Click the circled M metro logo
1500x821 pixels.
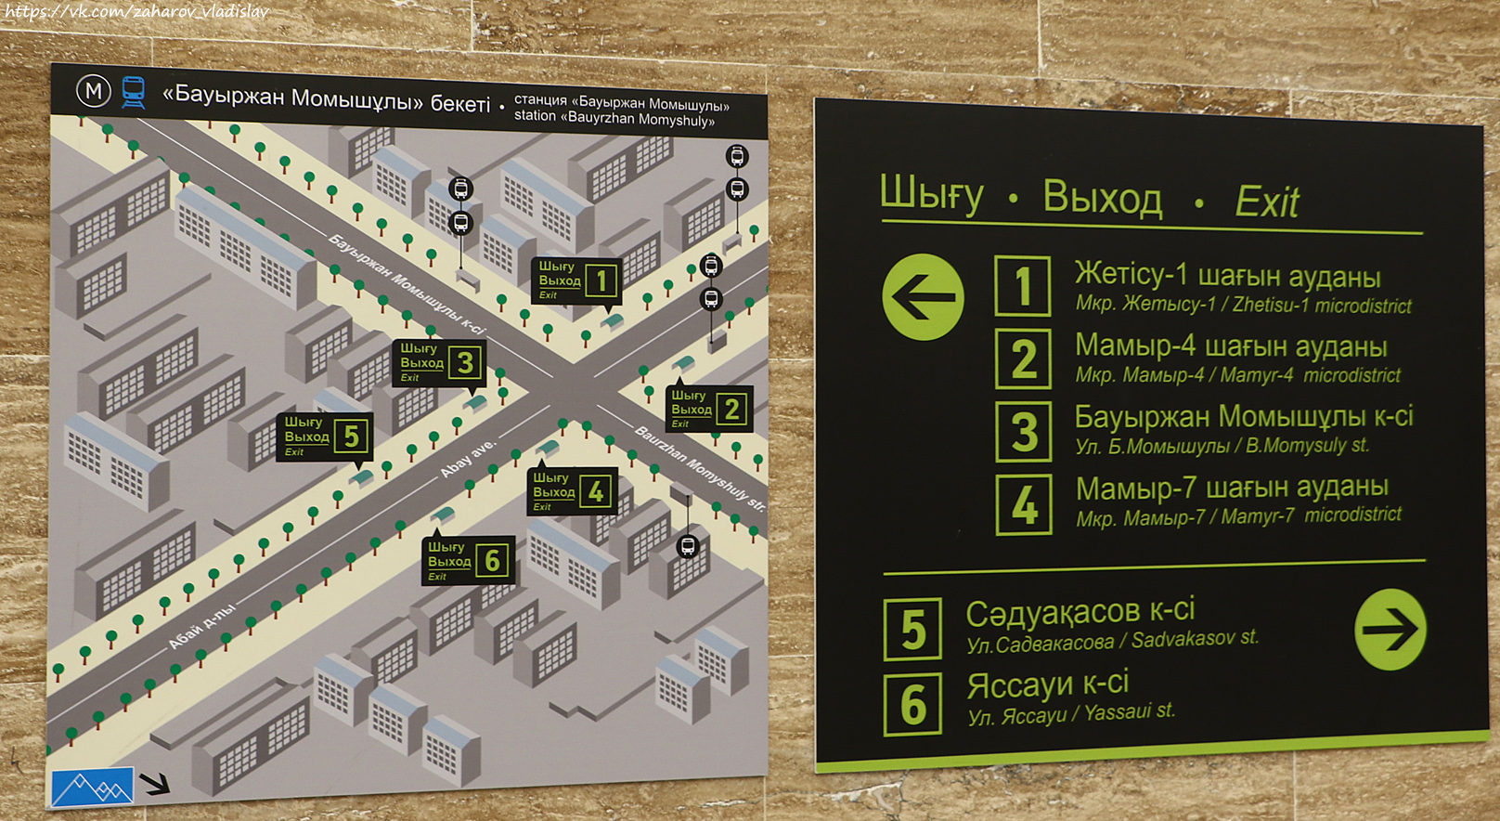(93, 91)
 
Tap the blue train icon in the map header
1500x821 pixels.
(133, 92)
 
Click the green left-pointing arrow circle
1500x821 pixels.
(923, 297)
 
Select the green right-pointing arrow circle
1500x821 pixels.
(1390, 629)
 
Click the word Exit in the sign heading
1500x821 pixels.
(1266, 202)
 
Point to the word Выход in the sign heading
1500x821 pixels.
(1102, 197)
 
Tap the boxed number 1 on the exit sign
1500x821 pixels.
(1022, 286)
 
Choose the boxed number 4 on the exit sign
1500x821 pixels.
(1024, 504)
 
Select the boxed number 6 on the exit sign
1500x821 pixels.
(912, 704)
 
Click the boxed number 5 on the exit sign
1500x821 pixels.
(912, 630)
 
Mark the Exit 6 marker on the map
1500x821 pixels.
(468, 561)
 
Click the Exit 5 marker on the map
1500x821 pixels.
(325, 437)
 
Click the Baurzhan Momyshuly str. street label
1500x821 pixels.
(700, 468)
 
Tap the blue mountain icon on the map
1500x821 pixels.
(93, 788)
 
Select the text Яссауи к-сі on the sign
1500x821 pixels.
(1047, 684)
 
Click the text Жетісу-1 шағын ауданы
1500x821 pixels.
(1227, 275)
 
